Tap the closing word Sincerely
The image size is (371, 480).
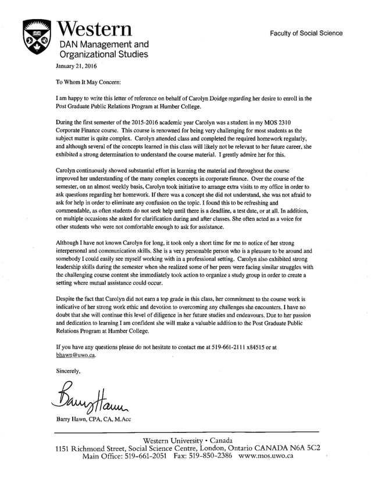coord(68,370)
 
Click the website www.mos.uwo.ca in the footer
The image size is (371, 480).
coord(266,456)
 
